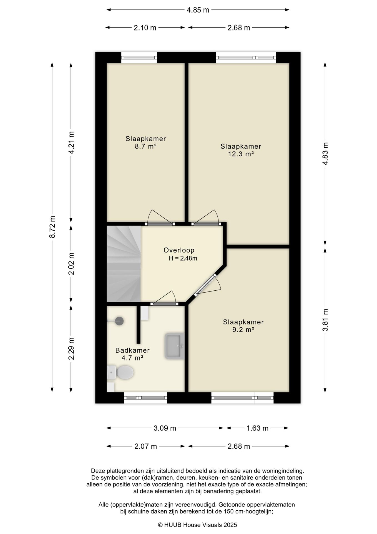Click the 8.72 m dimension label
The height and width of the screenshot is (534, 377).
click(x=52, y=227)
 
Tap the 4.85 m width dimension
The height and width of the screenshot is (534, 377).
click(x=198, y=10)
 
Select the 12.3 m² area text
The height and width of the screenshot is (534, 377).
click(x=241, y=154)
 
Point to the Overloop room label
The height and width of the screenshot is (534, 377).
click(x=179, y=250)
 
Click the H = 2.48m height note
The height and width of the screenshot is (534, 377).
click(x=183, y=258)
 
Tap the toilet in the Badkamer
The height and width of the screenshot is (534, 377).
click(x=120, y=372)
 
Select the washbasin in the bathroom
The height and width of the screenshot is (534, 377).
click(x=174, y=346)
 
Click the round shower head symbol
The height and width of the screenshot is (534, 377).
click(x=119, y=321)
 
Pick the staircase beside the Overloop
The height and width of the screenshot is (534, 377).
click(x=124, y=264)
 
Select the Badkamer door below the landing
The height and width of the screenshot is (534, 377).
click(x=164, y=298)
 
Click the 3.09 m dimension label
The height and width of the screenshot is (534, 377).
click(x=165, y=428)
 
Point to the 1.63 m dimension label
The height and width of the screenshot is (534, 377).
click(x=257, y=428)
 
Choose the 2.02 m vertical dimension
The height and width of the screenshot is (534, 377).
click(x=71, y=263)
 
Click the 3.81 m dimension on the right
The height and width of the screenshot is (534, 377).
click(x=325, y=320)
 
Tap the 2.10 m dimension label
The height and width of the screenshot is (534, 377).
click(x=145, y=28)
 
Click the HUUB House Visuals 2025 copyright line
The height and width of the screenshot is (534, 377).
click(x=197, y=525)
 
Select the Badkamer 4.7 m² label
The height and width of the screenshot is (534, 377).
click(x=132, y=354)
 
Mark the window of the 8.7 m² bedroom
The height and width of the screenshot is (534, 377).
click(x=139, y=58)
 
